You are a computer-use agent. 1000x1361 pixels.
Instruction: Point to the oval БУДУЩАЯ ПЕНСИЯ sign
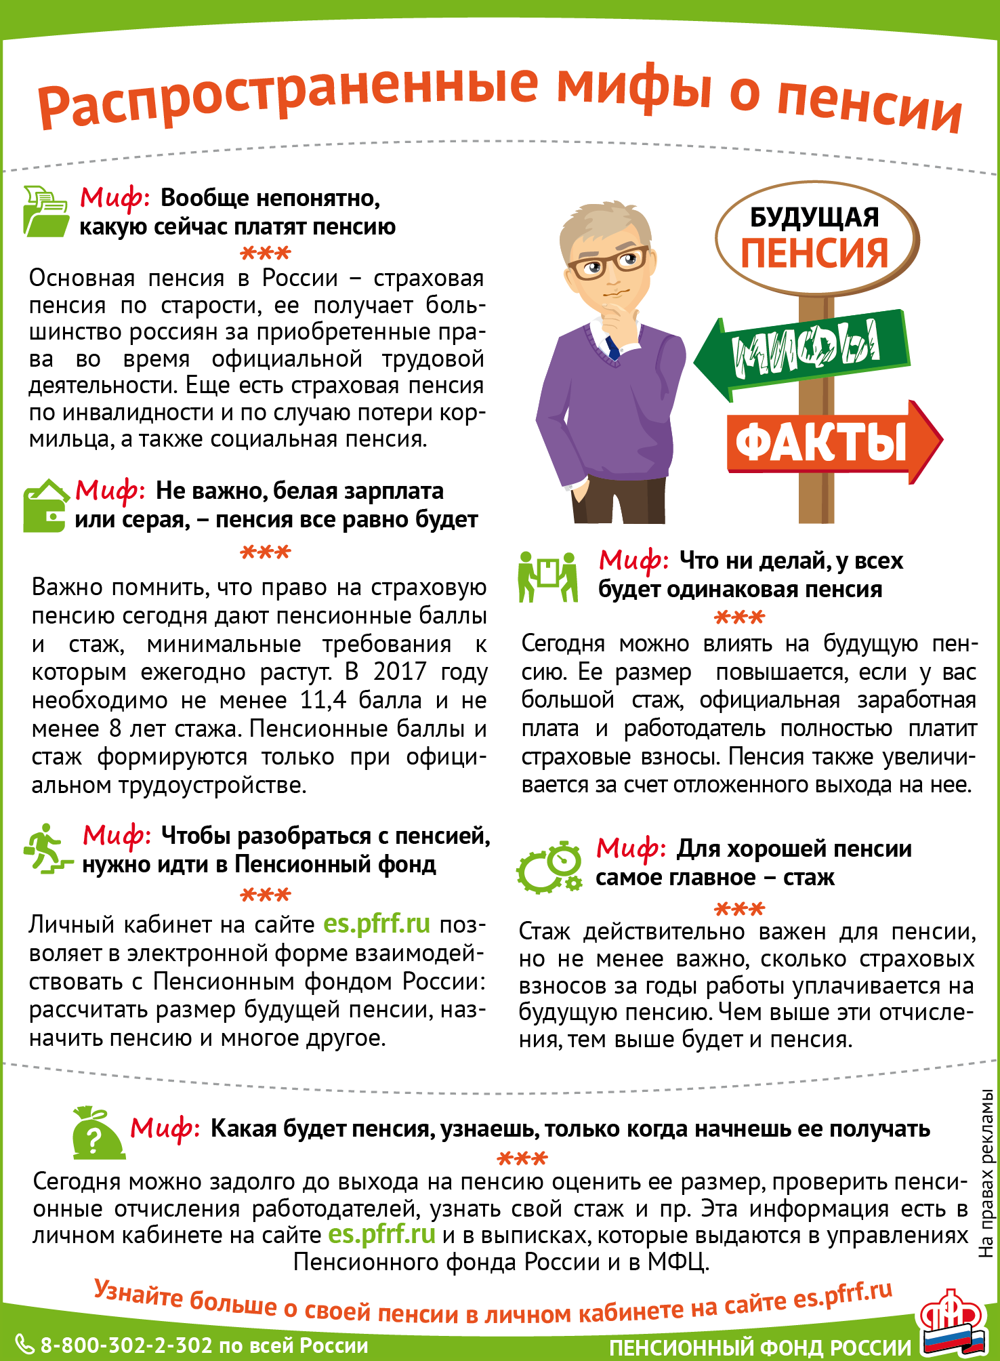coord(816,238)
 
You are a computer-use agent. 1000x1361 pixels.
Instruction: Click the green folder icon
coord(46,211)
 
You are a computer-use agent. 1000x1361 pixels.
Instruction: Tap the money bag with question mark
coord(97,1133)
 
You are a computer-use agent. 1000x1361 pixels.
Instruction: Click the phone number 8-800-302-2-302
coord(127,1345)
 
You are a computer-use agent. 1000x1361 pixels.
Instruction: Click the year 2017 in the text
coord(400,672)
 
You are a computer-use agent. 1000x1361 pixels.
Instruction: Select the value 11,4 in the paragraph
coord(322,700)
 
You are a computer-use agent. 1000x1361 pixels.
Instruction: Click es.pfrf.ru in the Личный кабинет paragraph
coord(377,924)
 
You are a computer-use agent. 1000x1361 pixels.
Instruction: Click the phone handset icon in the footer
coord(24,1345)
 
